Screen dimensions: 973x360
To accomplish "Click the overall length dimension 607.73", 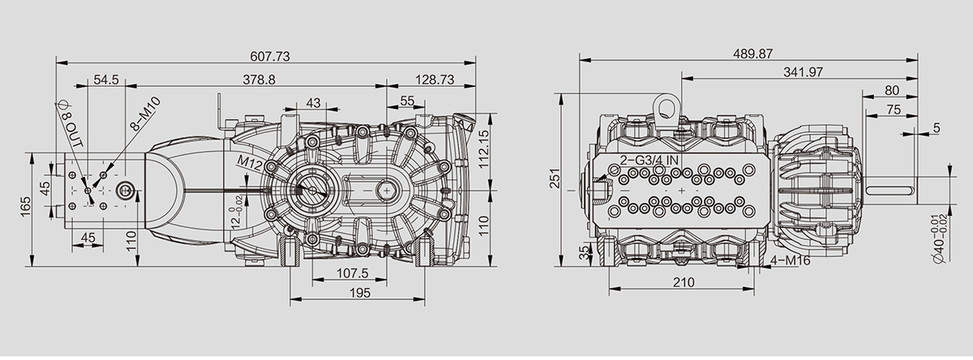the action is click(x=270, y=57).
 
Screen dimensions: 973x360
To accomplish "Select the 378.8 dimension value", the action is click(x=259, y=79).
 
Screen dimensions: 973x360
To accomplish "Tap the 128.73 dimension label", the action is click(x=435, y=79).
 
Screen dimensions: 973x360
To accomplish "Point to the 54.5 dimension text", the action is click(x=106, y=79).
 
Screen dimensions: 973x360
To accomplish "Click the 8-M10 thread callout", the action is click(x=146, y=114).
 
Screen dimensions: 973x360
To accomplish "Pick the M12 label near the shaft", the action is click(x=251, y=162).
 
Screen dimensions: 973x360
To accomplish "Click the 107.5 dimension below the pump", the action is click(x=352, y=273).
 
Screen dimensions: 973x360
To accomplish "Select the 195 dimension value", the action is click(x=360, y=293).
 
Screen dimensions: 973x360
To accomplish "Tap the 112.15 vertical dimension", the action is click(x=483, y=149).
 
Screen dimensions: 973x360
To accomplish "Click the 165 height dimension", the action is click(x=25, y=207).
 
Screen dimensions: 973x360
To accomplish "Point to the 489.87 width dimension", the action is click(x=752, y=54).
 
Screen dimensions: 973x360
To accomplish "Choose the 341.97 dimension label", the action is click(x=803, y=72).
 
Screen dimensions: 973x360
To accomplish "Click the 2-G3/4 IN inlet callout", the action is click(x=649, y=160).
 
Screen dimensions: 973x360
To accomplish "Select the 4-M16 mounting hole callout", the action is click(x=791, y=260).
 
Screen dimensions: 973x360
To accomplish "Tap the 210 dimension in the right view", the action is click(x=684, y=282).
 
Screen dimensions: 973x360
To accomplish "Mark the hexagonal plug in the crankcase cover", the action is click(x=385, y=191).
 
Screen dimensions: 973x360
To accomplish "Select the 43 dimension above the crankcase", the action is click(x=313, y=103).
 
